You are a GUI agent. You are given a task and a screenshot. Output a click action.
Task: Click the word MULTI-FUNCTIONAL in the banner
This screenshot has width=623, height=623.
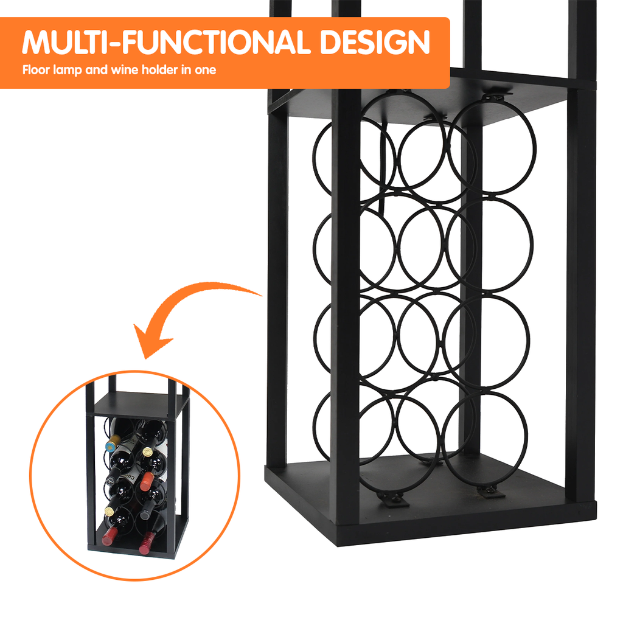coord(167,42)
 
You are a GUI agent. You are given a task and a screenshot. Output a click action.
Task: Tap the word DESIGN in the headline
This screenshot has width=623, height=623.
coord(375,42)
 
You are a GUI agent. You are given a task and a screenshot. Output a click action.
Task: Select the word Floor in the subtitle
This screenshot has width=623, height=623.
coord(36,70)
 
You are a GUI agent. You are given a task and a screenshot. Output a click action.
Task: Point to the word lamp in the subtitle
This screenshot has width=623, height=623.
coord(68,71)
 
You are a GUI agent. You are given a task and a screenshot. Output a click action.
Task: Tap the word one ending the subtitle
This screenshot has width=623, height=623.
coord(206,71)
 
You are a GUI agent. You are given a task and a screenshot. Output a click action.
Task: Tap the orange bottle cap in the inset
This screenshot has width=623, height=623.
coord(147,480)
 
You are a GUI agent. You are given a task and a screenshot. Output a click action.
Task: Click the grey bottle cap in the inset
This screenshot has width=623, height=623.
coord(145,512)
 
